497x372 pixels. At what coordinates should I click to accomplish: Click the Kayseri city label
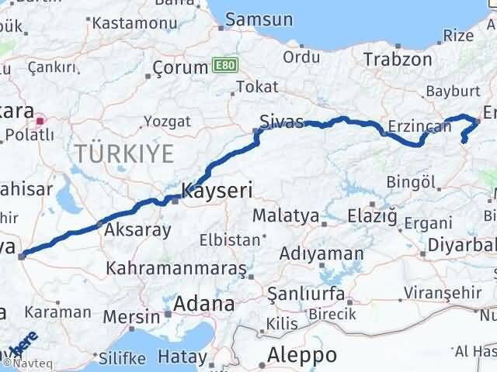tap(217, 189)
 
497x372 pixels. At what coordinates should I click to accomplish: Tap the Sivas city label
tap(281, 122)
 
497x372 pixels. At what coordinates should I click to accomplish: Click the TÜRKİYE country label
tap(124, 153)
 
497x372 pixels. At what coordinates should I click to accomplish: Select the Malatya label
tap(287, 215)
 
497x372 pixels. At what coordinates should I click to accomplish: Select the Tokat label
tap(257, 87)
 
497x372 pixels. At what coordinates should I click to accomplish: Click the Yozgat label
tap(167, 122)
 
